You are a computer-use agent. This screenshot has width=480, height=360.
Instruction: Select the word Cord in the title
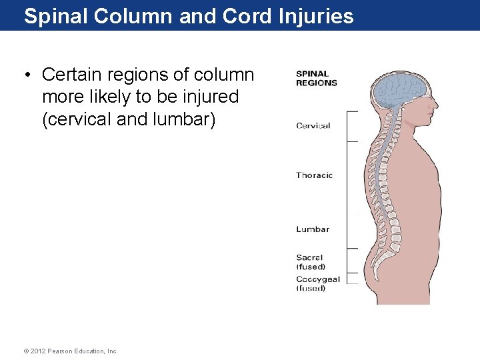coord(245,16)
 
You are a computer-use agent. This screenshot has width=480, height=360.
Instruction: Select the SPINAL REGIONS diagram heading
coord(316,79)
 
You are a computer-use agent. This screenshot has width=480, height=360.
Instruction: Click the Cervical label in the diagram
coord(313,125)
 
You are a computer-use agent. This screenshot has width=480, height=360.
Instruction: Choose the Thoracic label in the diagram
coord(314,175)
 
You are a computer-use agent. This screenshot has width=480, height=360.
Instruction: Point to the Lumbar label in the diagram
coord(313,229)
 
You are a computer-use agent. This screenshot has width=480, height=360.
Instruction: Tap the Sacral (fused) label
coord(311,262)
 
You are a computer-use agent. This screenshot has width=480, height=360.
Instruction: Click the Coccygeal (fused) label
coord(317,284)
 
